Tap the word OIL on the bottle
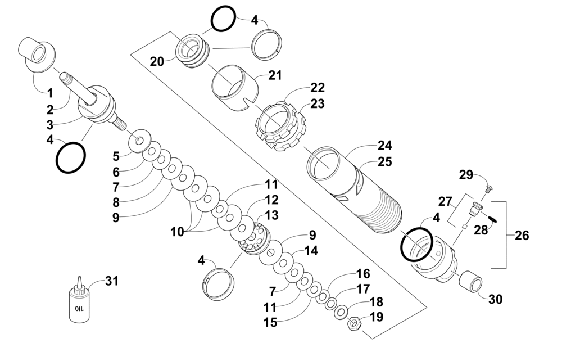(x=79, y=308)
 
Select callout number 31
(x=111, y=281)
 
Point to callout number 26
(x=522, y=236)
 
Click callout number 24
(x=384, y=146)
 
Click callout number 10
(x=177, y=232)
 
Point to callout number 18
(x=377, y=302)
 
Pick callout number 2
(x=50, y=109)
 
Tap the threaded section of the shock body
(x=380, y=215)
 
